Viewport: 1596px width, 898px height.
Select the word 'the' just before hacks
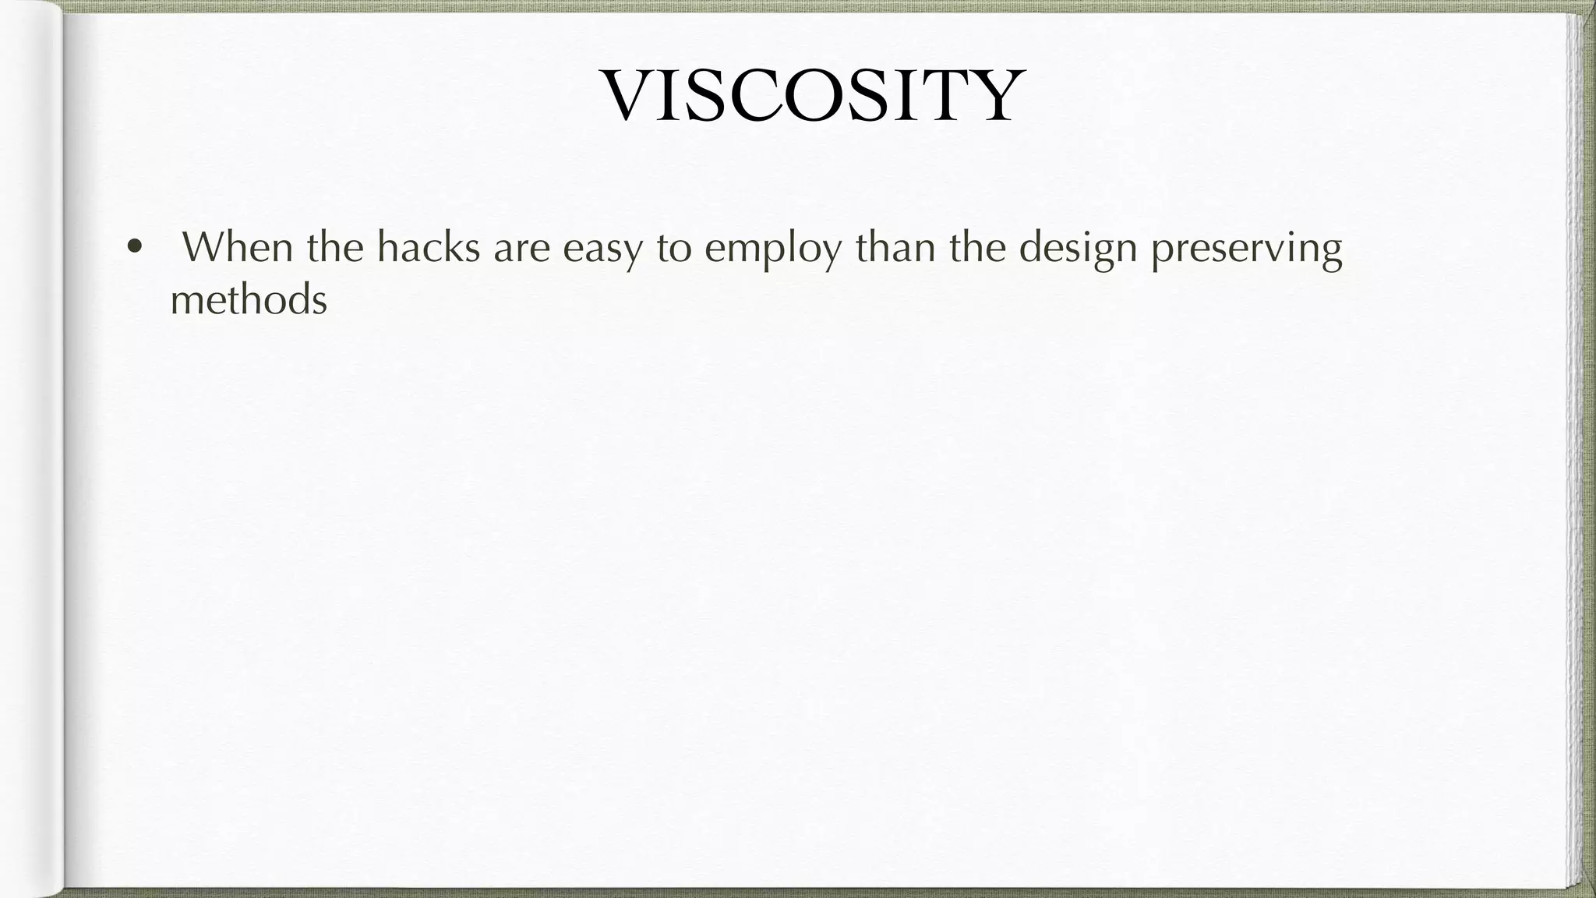tap(335, 247)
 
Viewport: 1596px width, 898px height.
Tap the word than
tap(895, 247)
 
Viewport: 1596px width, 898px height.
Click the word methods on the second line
tap(249, 299)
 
